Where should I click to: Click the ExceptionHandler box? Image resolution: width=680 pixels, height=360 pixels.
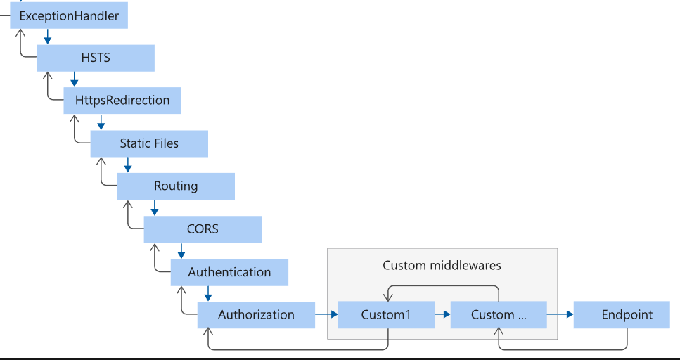69,15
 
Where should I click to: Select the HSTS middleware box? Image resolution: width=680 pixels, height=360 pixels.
96,58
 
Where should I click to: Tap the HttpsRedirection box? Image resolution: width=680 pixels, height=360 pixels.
122,101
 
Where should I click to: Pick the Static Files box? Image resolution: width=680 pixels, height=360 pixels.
149,143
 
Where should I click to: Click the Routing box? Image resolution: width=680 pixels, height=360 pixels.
176,186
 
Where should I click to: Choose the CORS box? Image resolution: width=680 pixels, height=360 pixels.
203,229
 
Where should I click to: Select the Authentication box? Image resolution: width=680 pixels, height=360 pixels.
229,272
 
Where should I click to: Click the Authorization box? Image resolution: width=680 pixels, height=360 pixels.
256,315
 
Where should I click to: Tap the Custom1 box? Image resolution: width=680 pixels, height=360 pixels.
386,315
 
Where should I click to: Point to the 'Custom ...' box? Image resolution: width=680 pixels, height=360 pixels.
499,315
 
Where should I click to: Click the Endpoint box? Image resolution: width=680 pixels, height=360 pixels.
627,315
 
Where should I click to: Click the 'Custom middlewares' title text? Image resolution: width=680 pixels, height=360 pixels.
442,265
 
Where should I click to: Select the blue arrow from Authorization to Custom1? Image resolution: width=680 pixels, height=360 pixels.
326,315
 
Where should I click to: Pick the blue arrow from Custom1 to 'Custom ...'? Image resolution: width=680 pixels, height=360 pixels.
442,315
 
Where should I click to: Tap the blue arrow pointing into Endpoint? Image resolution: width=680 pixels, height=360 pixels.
560,315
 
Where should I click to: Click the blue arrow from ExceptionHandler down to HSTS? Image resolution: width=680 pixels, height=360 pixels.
47,37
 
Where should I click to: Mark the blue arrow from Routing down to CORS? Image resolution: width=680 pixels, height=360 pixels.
154,207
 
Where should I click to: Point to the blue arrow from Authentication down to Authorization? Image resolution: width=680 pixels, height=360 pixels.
207,293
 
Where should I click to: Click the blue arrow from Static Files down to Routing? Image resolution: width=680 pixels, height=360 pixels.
127,165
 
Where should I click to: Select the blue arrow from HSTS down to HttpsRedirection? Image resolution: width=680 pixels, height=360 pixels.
74,79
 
